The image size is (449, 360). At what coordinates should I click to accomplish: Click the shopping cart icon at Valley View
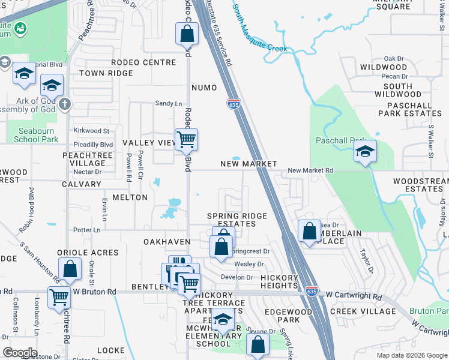186,140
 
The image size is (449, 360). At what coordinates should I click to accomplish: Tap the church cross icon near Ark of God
65,104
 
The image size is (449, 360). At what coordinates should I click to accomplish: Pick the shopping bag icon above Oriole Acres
70,269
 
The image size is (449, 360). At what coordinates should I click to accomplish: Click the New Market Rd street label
310,171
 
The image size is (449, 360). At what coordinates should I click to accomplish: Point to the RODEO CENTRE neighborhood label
143,62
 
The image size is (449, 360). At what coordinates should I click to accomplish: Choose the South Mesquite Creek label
259,27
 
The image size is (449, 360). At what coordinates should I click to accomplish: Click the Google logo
20,353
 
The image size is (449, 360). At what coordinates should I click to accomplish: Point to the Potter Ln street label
86,230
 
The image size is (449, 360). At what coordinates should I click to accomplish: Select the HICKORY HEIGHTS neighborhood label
280,282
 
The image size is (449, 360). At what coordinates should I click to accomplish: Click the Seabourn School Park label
36,135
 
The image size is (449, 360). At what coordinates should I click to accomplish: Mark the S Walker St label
430,142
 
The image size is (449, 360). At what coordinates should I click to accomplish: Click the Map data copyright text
411,355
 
